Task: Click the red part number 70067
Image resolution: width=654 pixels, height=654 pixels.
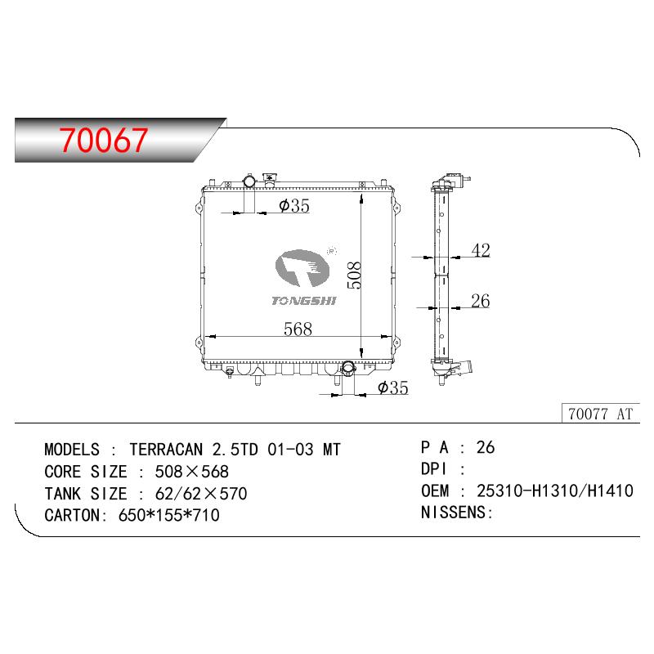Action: [x=103, y=140]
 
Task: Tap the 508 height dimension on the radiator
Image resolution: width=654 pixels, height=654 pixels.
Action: [x=355, y=275]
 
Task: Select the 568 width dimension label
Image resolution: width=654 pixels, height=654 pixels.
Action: [x=298, y=329]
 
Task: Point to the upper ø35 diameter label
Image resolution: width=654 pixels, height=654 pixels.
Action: [x=294, y=206]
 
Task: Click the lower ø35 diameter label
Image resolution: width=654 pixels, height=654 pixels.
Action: [x=393, y=387]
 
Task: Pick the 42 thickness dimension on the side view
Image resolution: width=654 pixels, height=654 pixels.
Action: [x=481, y=250]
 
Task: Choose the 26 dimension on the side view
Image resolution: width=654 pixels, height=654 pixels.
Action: [x=480, y=301]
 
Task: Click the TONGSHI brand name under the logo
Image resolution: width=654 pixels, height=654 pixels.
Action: [x=303, y=301]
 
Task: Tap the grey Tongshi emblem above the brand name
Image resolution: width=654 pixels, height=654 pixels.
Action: [x=302, y=268]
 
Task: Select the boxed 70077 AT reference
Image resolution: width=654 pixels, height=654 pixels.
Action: [x=601, y=414]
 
